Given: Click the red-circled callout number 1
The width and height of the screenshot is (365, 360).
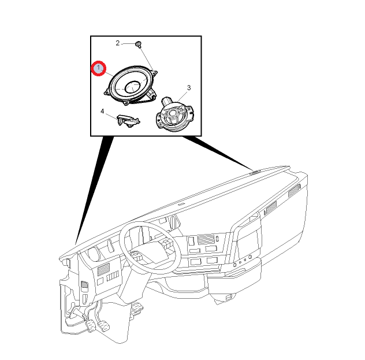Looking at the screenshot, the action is tap(98, 68).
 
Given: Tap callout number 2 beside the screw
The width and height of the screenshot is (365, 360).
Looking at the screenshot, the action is tap(118, 43).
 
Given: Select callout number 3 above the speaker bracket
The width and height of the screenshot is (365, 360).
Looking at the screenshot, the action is tap(189, 88).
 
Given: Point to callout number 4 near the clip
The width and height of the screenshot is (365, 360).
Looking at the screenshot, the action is tap(102, 112).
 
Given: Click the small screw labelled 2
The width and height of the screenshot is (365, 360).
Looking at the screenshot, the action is tap(139, 44).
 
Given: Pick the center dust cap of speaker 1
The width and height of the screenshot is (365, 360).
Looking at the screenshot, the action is tap(133, 87).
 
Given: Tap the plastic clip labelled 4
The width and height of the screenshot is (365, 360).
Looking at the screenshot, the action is tap(128, 120).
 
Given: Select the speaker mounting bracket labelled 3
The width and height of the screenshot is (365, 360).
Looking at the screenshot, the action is tap(174, 114).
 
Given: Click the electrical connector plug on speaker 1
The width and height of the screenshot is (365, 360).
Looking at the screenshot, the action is tap(152, 94).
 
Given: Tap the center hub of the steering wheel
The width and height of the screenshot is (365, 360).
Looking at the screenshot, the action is tap(152, 253).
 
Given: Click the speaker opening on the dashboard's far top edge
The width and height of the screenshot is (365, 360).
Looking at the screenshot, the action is tap(255, 172).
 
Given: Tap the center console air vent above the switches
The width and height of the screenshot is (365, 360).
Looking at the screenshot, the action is tap(206, 239).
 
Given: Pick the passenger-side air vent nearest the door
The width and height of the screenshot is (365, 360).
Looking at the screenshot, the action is tap(293, 191).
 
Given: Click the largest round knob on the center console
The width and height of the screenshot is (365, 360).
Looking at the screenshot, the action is tap(249, 257).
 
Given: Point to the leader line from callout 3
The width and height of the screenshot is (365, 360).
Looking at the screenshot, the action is tap(182, 97).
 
